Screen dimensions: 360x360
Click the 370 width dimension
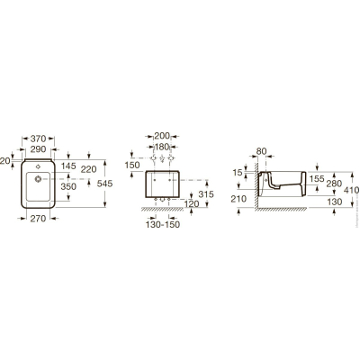(39, 139)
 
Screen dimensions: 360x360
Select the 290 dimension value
(39, 149)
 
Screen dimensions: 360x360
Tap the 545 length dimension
(104, 184)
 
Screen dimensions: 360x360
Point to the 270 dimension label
(39, 219)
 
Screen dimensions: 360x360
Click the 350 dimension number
(68, 186)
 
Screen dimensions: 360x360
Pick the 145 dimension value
(68, 166)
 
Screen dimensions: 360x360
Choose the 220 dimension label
(89, 169)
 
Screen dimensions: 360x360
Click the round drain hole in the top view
(38, 179)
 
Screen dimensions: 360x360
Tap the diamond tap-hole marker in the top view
(38, 166)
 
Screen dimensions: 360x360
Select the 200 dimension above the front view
(162, 136)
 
